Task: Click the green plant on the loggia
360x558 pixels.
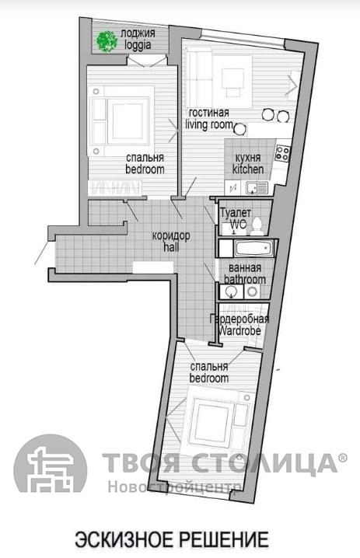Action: pyautogui.click(x=106, y=41)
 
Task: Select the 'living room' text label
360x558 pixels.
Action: pyautogui.click(x=209, y=124)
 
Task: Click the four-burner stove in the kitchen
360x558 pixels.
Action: pyautogui.click(x=283, y=153)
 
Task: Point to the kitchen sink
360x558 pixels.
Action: pyautogui.click(x=257, y=187)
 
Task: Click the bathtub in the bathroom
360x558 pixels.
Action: pyautogui.click(x=254, y=248)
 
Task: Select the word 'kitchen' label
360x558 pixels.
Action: pyautogui.click(x=248, y=169)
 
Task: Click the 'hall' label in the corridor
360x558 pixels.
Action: pyautogui.click(x=171, y=246)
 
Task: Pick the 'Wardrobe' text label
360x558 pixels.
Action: pyautogui.click(x=239, y=330)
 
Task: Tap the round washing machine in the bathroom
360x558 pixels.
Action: pyautogui.click(x=252, y=291)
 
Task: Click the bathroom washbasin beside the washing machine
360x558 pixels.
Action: pyautogui.click(x=232, y=291)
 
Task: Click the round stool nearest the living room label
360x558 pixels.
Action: pyautogui.click(x=240, y=128)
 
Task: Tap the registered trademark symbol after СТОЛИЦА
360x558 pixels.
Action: pyautogui.click(x=342, y=458)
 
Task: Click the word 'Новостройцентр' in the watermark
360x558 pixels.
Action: pyautogui.click(x=174, y=487)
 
